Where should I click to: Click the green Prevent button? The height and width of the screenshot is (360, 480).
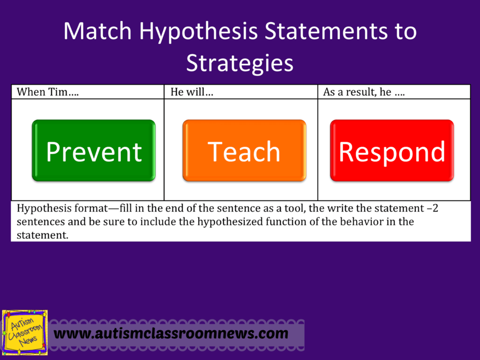click(94, 150)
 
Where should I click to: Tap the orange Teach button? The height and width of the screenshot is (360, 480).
click(244, 150)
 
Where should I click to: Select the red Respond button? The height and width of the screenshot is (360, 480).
click(392, 150)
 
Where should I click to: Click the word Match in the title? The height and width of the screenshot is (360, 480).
click(97, 31)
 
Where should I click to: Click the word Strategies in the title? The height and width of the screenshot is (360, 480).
click(240, 63)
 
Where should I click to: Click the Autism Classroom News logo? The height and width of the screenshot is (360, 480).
click(25, 333)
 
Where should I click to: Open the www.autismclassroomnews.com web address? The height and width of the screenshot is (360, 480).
click(171, 334)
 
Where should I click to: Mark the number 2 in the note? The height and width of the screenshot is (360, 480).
click(435, 209)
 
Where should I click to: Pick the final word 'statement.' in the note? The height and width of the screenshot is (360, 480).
click(43, 235)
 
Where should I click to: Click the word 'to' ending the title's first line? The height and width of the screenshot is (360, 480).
click(406, 31)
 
